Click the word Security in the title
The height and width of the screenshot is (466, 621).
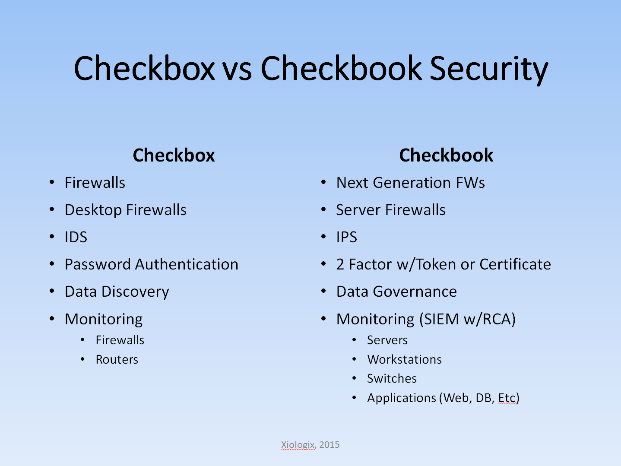point(488,70)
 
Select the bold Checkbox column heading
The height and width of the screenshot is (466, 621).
point(174,155)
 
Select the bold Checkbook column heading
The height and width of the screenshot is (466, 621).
point(446,155)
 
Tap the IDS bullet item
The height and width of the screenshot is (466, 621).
point(76,237)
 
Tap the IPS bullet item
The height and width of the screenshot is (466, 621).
point(347,237)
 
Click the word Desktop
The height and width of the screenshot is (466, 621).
point(93,210)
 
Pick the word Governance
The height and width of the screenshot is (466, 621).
point(415,292)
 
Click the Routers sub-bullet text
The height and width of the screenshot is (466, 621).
point(117,360)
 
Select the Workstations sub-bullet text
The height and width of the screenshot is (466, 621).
point(404,360)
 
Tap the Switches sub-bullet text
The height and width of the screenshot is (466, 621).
point(392,379)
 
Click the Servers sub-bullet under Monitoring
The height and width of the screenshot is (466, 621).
point(387,340)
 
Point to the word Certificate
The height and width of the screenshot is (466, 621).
point(515,264)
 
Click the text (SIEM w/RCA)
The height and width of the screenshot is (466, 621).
point(467,320)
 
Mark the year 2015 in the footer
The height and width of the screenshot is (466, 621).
point(330,445)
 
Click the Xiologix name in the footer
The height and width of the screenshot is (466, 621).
point(298,445)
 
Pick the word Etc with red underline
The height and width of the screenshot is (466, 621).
point(507,398)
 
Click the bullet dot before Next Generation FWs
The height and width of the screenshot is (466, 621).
point(323,182)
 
